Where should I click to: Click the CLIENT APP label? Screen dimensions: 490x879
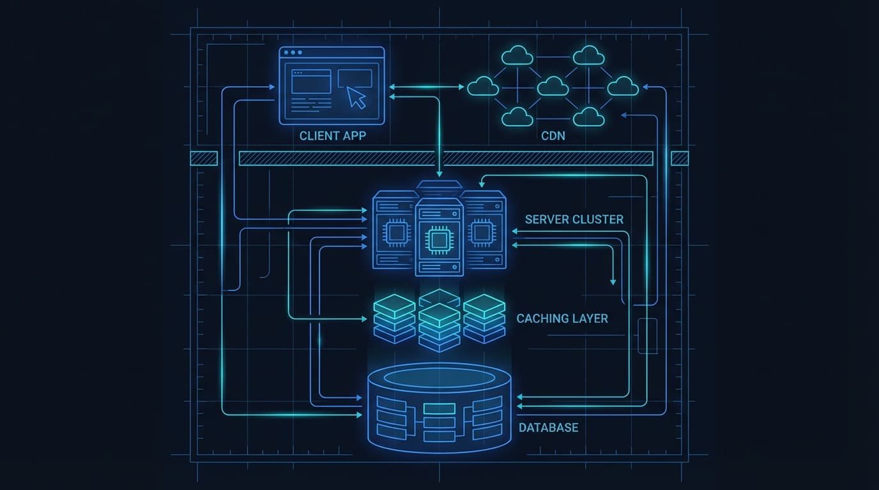[x=332, y=136]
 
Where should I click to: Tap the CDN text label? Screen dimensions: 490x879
[x=553, y=136]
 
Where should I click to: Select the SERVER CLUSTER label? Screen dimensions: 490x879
[x=574, y=219]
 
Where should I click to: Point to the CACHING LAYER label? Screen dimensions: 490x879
[x=562, y=318]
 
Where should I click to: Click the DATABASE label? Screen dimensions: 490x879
[x=548, y=427]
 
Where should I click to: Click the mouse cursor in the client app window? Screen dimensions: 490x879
[x=356, y=97]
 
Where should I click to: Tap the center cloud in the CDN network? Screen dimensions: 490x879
[x=553, y=85]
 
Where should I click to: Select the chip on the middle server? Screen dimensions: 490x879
[x=439, y=240]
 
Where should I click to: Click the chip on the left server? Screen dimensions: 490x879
[x=396, y=234]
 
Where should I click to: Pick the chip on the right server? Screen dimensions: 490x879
[x=481, y=234]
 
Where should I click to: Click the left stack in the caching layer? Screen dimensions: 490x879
[x=394, y=317]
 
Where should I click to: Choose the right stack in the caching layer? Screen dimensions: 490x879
[x=484, y=317]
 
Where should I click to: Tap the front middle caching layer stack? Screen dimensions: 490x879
[x=439, y=327]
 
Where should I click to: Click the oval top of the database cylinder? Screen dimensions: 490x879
[x=439, y=378]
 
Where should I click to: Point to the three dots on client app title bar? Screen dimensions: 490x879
[x=293, y=53]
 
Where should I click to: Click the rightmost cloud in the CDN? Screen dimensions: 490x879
[x=622, y=85]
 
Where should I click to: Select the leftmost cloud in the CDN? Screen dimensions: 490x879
[x=482, y=85]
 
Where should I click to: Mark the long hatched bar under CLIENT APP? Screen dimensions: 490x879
[x=445, y=158]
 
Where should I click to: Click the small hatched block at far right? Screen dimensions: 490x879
[x=680, y=158]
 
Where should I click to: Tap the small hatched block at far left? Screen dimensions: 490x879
[x=204, y=158]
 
